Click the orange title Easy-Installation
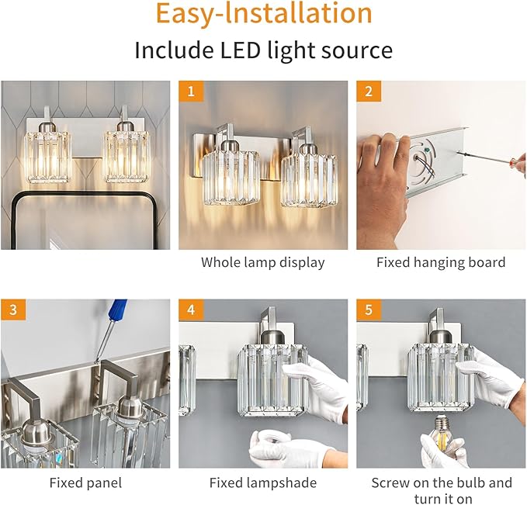pyautogui.click(x=263, y=15)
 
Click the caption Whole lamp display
pyautogui.click(x=262, y=262)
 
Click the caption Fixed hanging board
pyautogui.click(x=440, y=262)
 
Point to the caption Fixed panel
pyautogui.click(x=85, y=483)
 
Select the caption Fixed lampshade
pyautogui.click(x=262, y=483)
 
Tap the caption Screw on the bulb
pyautogui.click(x=441, y=483)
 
